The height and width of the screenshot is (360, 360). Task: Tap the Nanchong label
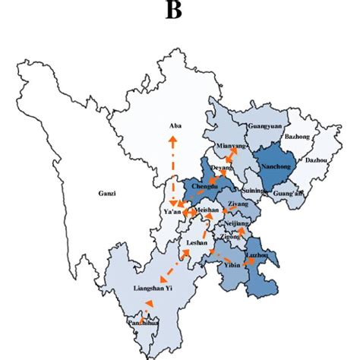(x=274, y=163)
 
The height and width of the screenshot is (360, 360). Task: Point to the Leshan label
(x=198, y=244)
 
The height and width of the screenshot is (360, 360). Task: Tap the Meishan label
(x=207, y=209)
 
